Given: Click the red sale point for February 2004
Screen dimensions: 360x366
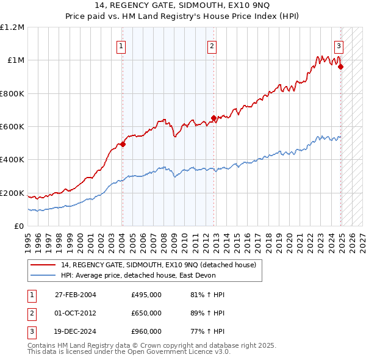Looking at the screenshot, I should point(123,145).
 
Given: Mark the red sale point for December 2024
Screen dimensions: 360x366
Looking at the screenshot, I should point(341,67).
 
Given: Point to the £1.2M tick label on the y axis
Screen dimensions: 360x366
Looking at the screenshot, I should point(12,27).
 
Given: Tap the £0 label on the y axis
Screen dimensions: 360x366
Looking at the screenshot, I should point(18,226).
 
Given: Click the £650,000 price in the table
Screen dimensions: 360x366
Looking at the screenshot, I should point(146,313).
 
